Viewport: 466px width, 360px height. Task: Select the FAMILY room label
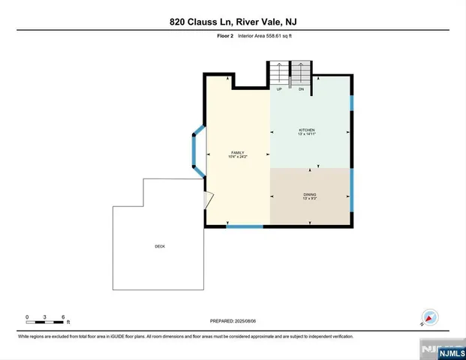click(237, 152)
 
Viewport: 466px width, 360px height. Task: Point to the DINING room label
click(309, 194)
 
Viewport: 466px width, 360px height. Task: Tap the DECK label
click(159, 246)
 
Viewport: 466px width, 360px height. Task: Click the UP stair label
click(279, 89)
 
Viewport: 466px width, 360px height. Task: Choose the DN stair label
click(300, 89)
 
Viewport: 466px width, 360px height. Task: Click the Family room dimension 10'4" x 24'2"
click(237, 157)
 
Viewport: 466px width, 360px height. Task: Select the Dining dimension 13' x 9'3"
click(309, 199)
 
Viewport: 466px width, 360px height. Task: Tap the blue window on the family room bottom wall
click(245, 226)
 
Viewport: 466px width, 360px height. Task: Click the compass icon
click(430, 317)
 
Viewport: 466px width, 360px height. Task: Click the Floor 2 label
click(216, 36)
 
